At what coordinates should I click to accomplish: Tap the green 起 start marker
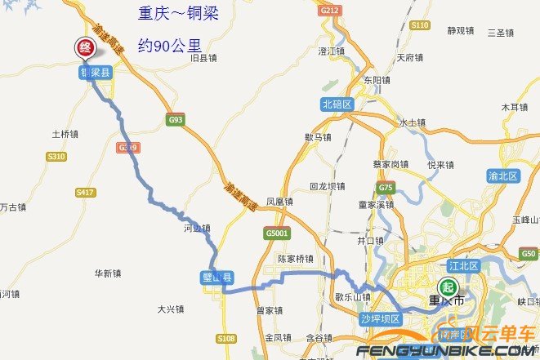447,287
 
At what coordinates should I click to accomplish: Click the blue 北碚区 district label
336,104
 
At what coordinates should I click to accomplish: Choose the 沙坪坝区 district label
380,318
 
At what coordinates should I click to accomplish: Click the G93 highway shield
175,119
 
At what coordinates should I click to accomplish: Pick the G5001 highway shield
277,233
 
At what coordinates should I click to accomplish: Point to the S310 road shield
56,156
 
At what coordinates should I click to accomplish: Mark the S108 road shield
226,338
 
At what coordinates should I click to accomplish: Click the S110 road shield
420,25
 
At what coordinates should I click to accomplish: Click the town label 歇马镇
318,137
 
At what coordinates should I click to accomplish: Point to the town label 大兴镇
171,309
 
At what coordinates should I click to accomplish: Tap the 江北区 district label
463,264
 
